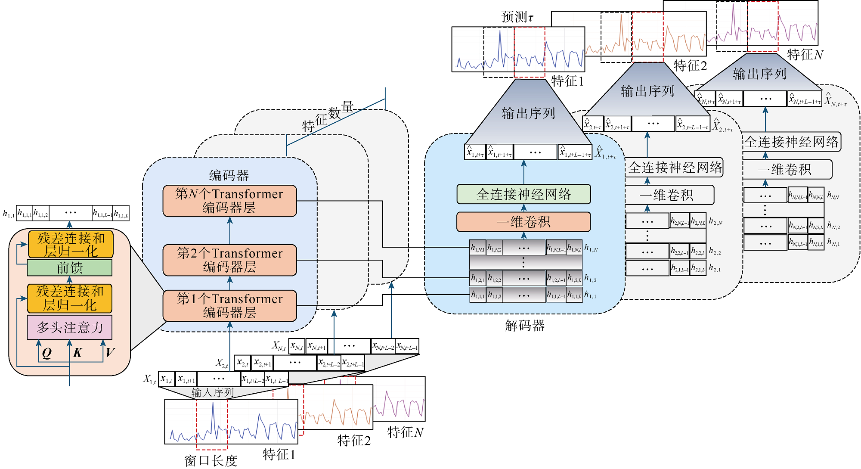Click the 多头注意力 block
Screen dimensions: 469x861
pyautogui.click(x=69, y=327)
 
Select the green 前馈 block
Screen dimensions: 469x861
pyautogui.click(x=69, y=267)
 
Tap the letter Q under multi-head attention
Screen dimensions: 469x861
pyautogui.click(x=46, y=353)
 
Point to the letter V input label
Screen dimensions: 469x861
pyautogui.click(x=110, y=352)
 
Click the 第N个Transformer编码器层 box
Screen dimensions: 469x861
pyautogui.click(x=229, y=201)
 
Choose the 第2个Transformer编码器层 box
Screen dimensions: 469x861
pyautogui.click(x=229, y=260)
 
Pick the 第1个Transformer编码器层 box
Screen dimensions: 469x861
pyautogui.click(x=229, y=305)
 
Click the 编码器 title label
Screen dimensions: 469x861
pyautogui.click(x=229, y=175)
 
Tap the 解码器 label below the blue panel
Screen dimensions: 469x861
pyautogui.click(x=525, y=326)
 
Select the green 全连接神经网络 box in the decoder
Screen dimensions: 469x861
pyautogui.click(x=523, y=194)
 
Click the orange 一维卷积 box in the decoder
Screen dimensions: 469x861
pyautogui.click(x=523, y=222)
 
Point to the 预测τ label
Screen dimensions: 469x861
pyautogui.click(x=517, y=17)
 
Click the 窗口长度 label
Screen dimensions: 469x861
pyautogui.click(x=211, y=461)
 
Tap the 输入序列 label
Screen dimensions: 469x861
pyautogui.click(x=213, y=392)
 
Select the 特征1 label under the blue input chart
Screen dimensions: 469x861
pyautogui.click(x=279, y=454)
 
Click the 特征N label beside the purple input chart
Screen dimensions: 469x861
pyautogui.click(x=405, y=432)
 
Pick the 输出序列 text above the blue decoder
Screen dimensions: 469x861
pyautogui.click(x=528, y=113)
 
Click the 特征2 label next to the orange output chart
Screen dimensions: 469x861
pyautogui.click(x=690, y=66)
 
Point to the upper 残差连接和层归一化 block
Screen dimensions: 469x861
pyautogui.click(x=71, y=244)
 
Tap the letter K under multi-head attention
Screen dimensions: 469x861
pyautogui.click(x=77, y=353)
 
